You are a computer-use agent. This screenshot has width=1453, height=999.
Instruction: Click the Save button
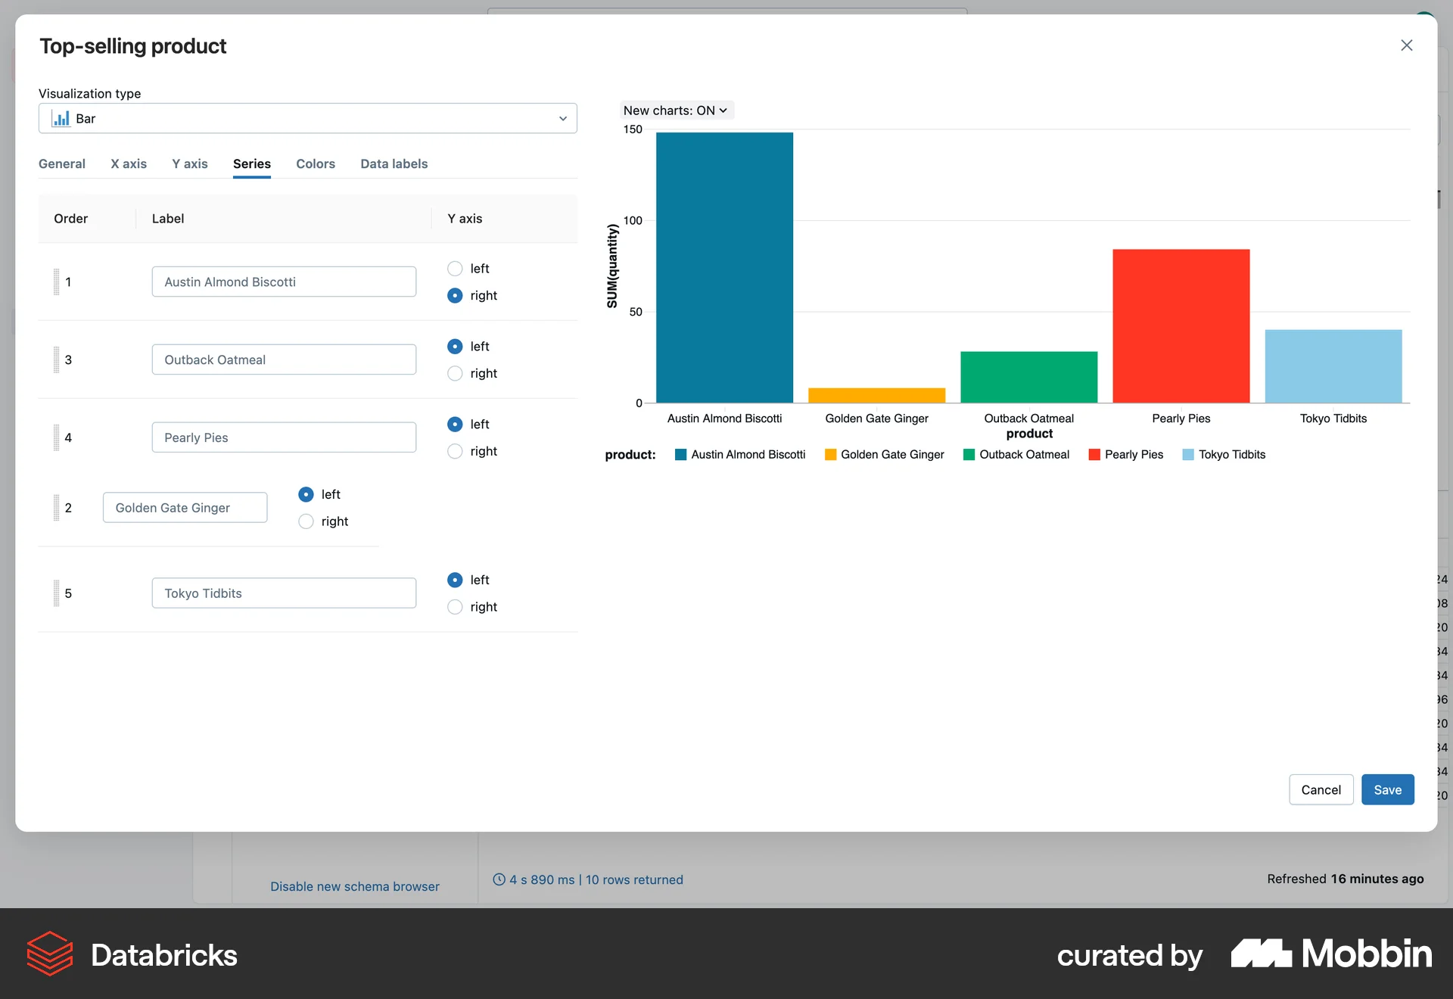[1387, 789]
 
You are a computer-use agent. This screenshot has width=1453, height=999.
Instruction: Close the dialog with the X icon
[1406, 45]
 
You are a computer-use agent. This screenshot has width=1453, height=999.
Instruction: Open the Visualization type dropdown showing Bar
[307, 118]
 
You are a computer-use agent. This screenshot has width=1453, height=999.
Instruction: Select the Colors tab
[315, 163]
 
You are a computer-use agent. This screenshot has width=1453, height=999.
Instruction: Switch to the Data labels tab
[394, 163]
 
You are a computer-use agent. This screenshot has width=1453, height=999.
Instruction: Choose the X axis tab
[129, 163]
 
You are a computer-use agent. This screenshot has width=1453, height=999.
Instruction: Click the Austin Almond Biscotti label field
[284, 282]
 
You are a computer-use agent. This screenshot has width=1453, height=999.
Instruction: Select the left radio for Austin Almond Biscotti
[455, 269]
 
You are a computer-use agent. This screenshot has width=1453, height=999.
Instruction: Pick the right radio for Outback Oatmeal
[455, 373]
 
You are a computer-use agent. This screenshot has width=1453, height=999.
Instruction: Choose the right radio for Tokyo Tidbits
[455, 607]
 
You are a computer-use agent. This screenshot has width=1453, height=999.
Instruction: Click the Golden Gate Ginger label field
[185, 508]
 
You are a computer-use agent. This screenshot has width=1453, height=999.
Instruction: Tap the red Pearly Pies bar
[1181, 325]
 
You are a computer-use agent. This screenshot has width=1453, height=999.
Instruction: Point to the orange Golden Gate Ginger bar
[876, 395]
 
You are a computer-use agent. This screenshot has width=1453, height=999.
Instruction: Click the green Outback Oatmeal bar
[1028, 377]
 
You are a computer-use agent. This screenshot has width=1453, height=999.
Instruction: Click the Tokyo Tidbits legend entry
[1224, 454]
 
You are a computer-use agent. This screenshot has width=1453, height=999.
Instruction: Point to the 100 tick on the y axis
[633, 221]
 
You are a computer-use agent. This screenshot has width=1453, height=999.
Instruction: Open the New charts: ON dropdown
[676, 110]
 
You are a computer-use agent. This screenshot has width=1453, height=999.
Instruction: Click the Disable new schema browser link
[354, 886]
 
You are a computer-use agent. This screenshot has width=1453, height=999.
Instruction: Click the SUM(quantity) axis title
[612, 266]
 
